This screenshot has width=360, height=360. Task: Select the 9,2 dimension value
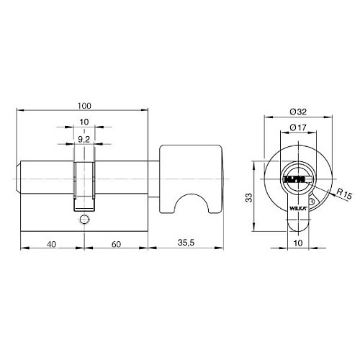pos(84,140)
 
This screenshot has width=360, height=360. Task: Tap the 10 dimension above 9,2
pos(84,122)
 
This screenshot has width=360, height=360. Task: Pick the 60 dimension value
pos(115,244)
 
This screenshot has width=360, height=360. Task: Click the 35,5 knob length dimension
pos(186,244)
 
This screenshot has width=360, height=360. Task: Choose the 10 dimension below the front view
pos(297,244)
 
